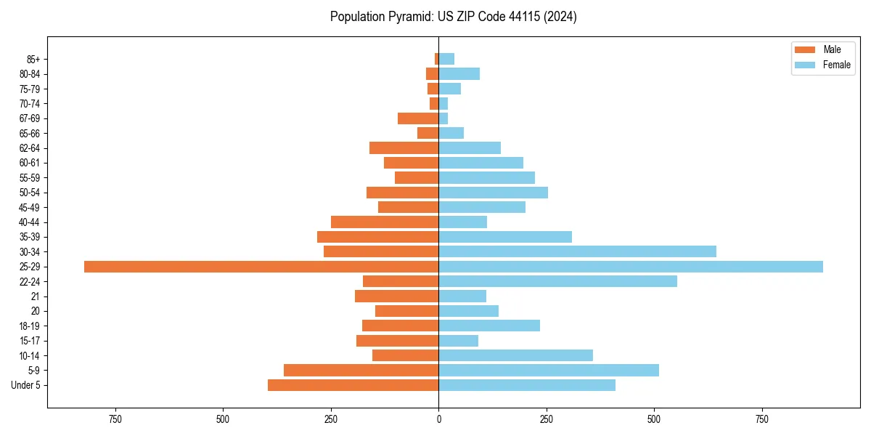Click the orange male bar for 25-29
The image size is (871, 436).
point(261,267)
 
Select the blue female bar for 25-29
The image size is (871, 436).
point(630,267)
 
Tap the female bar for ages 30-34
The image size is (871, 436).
point(577,251)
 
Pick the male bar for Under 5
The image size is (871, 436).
point(353,385)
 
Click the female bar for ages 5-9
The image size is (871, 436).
point(549,370)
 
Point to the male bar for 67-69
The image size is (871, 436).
point(418,118)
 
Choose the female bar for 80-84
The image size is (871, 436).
point(459,73)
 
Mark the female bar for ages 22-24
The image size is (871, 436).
point(557,281)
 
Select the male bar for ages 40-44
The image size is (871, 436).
point(385,222)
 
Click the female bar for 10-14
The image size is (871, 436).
point(515,355)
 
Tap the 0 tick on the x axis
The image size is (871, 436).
point(438,419)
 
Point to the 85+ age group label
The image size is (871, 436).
point(33,59)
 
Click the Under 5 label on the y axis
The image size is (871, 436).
point(26,385)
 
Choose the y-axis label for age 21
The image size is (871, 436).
point(36,296)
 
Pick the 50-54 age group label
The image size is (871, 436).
point(30,193)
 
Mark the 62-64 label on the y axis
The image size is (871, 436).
point(30,148)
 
